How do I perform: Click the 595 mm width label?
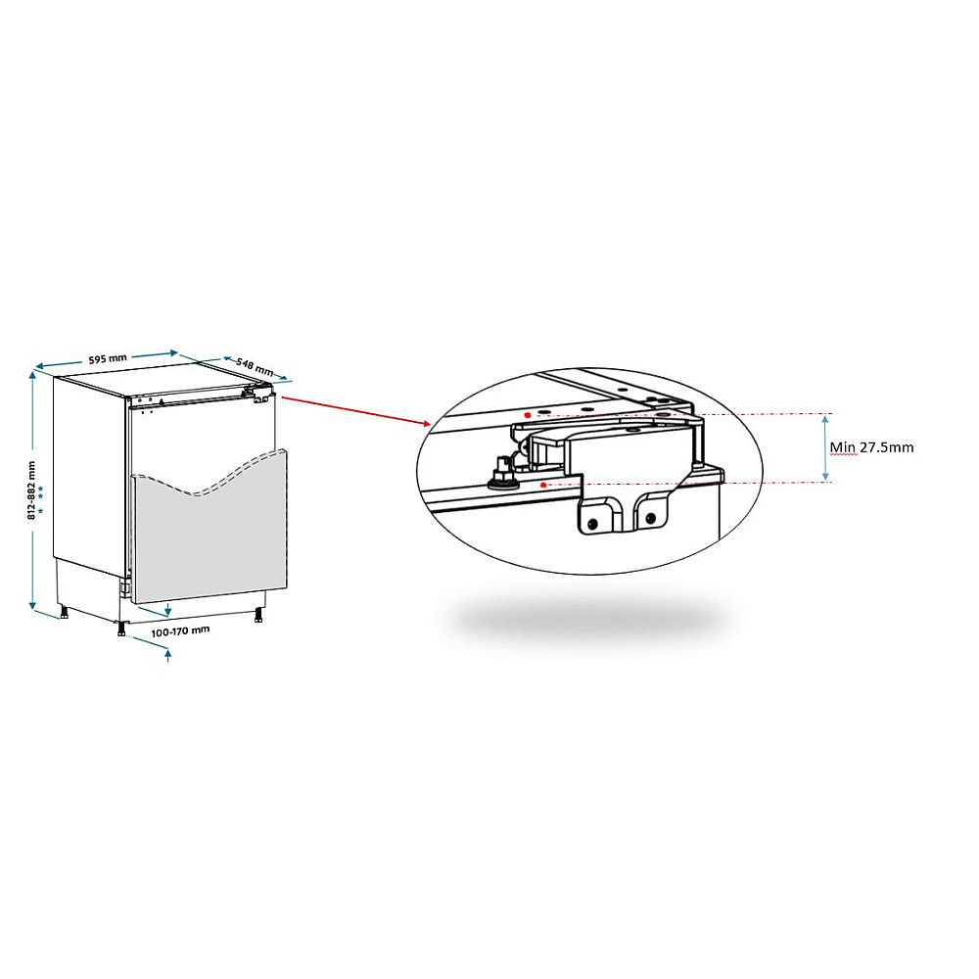point(108,359)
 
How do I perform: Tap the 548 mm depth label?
point(255,366)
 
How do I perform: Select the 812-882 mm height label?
point(32,490)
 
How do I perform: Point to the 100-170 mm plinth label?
point(180,631)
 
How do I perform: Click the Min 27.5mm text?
point(871,447)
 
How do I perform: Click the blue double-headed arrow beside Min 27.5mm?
point(825,448)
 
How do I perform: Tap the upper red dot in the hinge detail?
point(528,415)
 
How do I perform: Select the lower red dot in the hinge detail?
point(543,485)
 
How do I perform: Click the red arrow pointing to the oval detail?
point(356,409)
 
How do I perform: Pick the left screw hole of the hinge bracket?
point(592,524)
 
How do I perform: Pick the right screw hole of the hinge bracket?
point(650,518)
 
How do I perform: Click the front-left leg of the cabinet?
point(121,628)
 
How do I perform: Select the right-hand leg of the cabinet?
point(257,615)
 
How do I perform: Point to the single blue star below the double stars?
point(40,511)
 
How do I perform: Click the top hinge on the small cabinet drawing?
point(261,395)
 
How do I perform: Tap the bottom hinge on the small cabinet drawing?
point(125,585)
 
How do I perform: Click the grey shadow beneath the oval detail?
point(586,618)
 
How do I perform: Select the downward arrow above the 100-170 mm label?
point(167,609)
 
